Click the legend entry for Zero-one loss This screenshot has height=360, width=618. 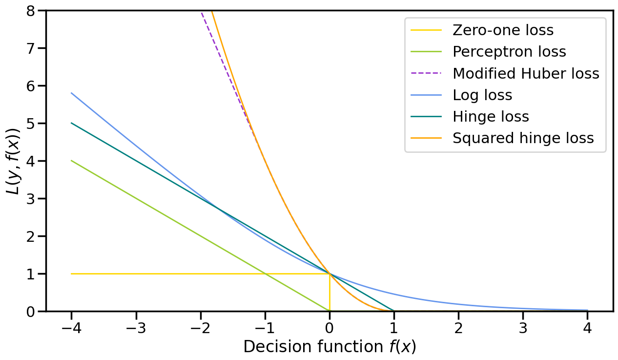point(503,30)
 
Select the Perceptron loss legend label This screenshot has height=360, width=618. point(509,52)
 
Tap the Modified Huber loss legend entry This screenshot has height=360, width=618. point(526,73)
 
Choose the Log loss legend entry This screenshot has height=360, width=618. point(482,95)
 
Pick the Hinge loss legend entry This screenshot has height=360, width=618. point(491,117)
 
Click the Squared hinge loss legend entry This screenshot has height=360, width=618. point(523,138)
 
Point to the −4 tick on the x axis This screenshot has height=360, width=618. point(71,327)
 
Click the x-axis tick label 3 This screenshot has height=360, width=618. point(523,327)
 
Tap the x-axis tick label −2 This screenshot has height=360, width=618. point(200,327)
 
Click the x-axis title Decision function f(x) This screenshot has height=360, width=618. point(330,347)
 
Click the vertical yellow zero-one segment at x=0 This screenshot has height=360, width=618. point(330,293)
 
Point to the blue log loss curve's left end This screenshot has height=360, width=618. point(72,93)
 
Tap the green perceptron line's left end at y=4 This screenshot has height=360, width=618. point(72,161)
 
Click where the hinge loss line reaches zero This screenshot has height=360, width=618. point(394,311)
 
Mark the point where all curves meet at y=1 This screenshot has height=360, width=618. point(330,274)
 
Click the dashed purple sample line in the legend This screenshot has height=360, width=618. point(426,73)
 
